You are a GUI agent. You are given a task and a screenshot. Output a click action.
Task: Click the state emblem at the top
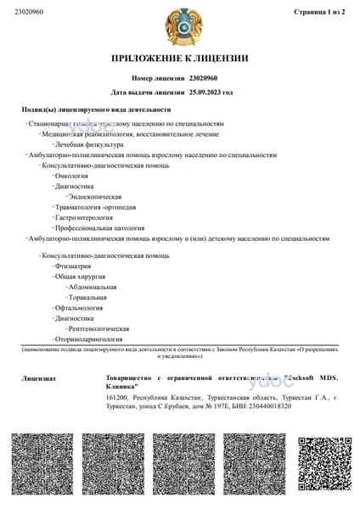[179, 25]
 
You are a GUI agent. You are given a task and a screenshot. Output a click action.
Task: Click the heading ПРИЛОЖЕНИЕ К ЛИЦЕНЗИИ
[179, 59]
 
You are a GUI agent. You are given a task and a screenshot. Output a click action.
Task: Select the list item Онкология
[73, 176]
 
